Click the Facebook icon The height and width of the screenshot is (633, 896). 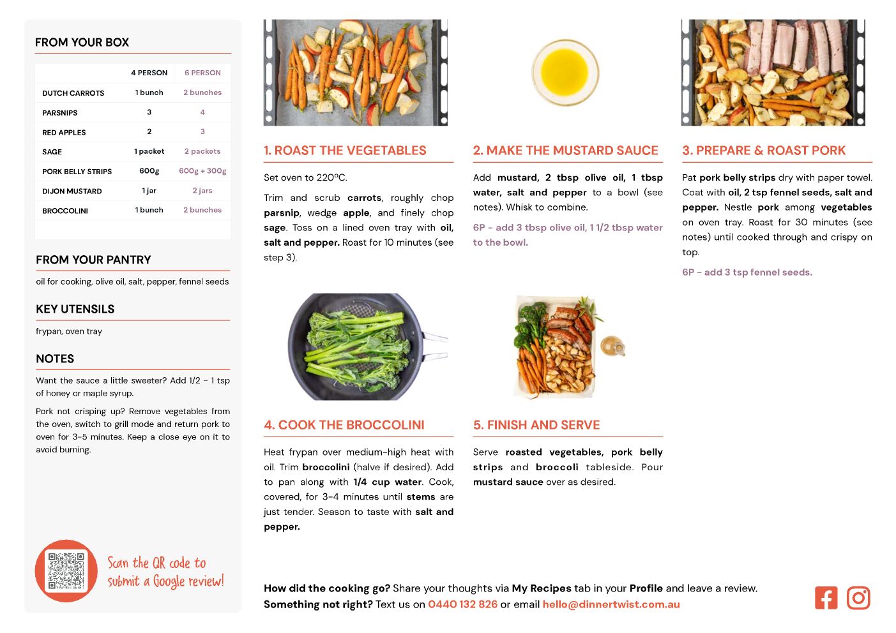pos(826,598)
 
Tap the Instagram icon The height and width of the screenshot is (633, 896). pos(858,598)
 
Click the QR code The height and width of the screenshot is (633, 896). pos(66,571)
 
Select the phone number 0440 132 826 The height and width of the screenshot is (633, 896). pos(462,604)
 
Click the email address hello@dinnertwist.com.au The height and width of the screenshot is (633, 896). pos(611,604)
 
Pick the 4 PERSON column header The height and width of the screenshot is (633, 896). pos(149,73)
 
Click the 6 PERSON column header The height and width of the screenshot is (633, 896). pos(202,73)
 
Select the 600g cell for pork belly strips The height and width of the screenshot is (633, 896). pos(149,171)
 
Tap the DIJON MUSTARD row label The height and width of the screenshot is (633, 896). pos(72,191)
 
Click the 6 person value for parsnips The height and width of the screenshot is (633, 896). pos(202,112)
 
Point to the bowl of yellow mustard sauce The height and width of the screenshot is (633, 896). pos(565,73)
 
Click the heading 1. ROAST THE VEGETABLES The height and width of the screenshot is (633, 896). pos(345,150)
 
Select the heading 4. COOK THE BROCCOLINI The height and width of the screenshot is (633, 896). pos(344,425)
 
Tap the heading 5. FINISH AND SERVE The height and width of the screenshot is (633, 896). pos(536,425)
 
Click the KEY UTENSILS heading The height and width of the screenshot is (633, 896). pos(75,309)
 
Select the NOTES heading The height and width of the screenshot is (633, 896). pos(55,359)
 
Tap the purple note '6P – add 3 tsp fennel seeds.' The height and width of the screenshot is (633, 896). pos(747,272)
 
